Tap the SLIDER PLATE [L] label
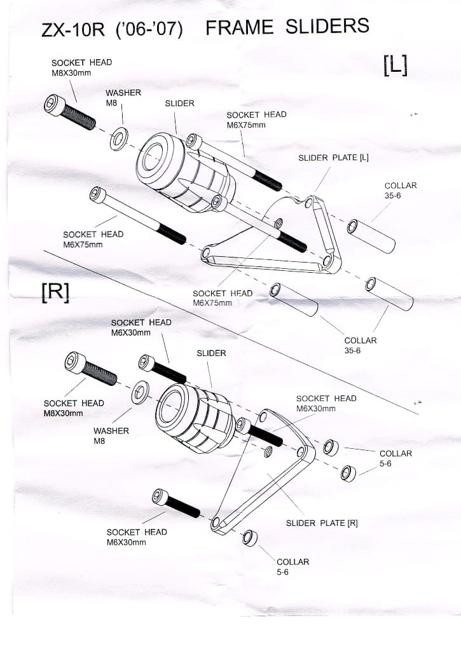[x=333, y=158]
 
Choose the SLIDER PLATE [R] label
[x=322, y=523]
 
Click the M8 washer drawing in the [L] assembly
[x=118, y=139]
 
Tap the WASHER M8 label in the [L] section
[x=123, y=97]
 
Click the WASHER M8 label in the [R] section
[x=111, y=435]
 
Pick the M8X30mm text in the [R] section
[x=63, y=413]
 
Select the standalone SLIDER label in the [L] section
[x=179, y=103]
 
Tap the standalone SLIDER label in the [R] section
[x=211, y=353]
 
